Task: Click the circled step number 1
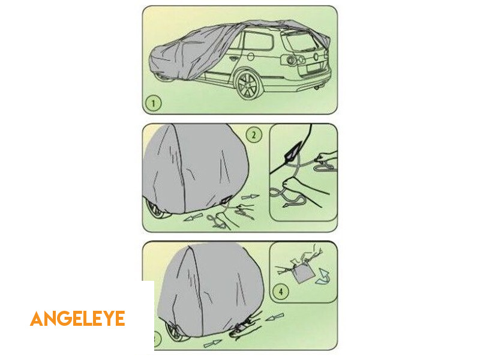click(x=154, y=103)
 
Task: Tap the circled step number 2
click(x=254, y=134)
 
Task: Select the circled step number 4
click(x=281, y=291)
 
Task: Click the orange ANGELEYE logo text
click(x=77, y=319)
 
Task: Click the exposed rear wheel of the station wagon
click(x=247, y=85)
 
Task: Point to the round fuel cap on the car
click(x=250, y=56)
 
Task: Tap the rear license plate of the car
click(x=316, y=67)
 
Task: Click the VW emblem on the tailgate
click(x=316, y=56)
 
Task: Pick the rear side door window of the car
click(x=258, y=41)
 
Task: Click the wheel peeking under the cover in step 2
click(x=156, y=209)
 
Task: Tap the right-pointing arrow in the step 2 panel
click(x=250, y=197)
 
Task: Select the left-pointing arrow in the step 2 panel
click(x=193, y=217)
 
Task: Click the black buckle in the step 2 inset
click(x=292, y=152)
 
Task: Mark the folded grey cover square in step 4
click(x=302, y=272)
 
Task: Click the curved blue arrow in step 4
click(x=323, y=276)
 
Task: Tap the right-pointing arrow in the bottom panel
click(x=212, y=343)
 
